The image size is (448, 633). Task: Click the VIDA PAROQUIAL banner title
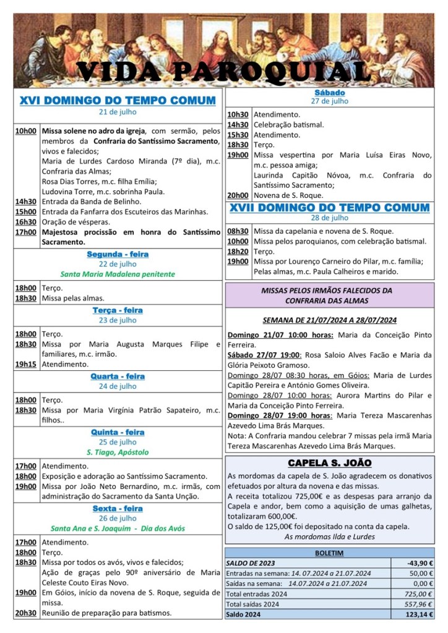pyautogui.click(x=224, y=72)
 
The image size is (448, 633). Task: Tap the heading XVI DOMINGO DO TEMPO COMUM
pyautogui.click(x=118, y=101)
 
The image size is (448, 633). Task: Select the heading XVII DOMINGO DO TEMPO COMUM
pyautogui.click(x=329, y=207)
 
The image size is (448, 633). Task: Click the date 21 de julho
pyautogui.click(x=118, y=113)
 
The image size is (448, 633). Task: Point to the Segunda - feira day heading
pyautogui.click(x=118, y=254)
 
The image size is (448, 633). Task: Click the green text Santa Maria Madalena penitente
pyautogui.click(x=118, y=274)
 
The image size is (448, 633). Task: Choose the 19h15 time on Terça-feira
pyautogui.click(x=25, y=365)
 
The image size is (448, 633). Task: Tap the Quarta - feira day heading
pyautogui.click(x=118, y=376)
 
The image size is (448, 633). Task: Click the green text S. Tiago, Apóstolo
pyautogui.click(x=118, y=452)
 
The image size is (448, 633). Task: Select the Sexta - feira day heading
pyautogui.click(x=118, y=509)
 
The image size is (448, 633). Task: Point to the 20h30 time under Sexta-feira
pyautogui.click(x=25, y=613)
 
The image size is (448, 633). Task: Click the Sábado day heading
pyautogui.click(x=329, y=93)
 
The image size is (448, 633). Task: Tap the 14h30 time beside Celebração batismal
pyautogui.click(x=238, y=124)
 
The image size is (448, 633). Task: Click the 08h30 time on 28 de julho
pyautogui.click(x=238, y=231)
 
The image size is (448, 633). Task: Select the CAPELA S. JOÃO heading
pyautogui.click(x=329, y=463)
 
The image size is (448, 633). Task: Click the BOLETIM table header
pyautogui.click(x=329, y=553)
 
